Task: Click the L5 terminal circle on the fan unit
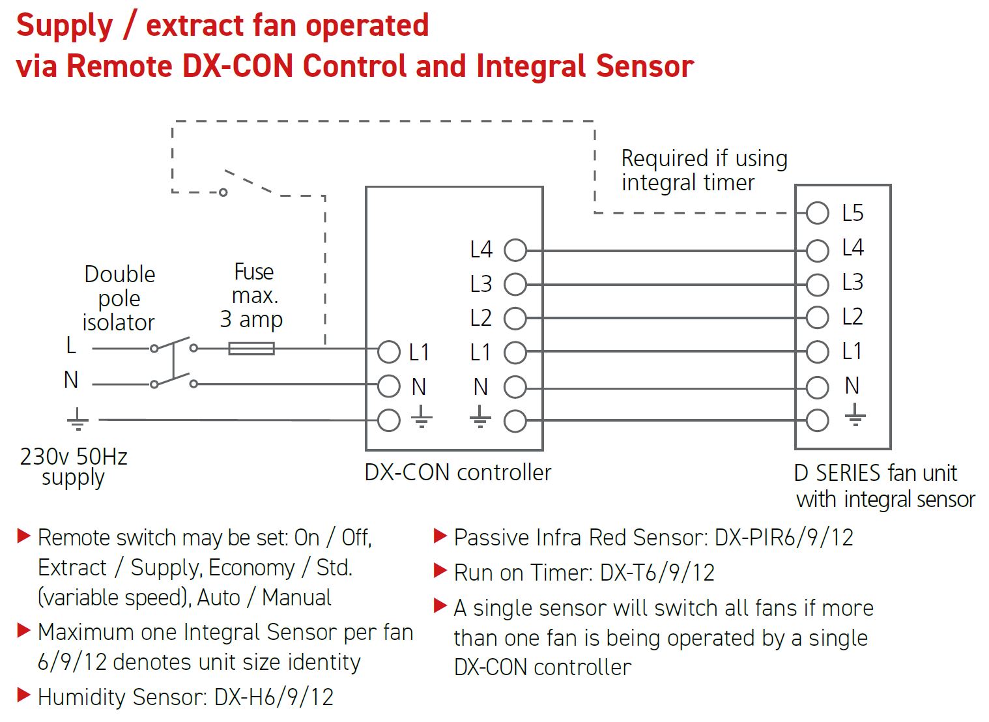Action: pos(817,212)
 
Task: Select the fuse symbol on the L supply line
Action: pos(251,349)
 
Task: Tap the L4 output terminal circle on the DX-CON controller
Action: pos(515,250)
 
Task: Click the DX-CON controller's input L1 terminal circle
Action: pos(389,352)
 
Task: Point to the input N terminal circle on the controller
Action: pos(389,386)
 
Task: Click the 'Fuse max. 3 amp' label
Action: pos(252,295)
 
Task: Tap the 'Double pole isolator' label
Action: pos(119,298)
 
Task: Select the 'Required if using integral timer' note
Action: pos(704,170)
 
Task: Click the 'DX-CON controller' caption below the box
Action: pos(457,472)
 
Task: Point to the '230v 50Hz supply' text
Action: pos(74,467)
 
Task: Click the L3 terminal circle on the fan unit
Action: pos(817,284)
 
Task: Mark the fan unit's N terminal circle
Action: pos(817,387)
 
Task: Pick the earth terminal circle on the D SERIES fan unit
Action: pos(817,420)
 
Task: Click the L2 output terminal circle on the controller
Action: pos(515,318)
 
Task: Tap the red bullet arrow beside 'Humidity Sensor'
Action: pos(24,695)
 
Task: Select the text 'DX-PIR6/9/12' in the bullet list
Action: pos(784,538)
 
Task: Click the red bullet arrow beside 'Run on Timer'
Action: pos(440,571)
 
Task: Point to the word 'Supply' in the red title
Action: pos(64,27)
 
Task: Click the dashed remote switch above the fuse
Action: pos(248,182)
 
